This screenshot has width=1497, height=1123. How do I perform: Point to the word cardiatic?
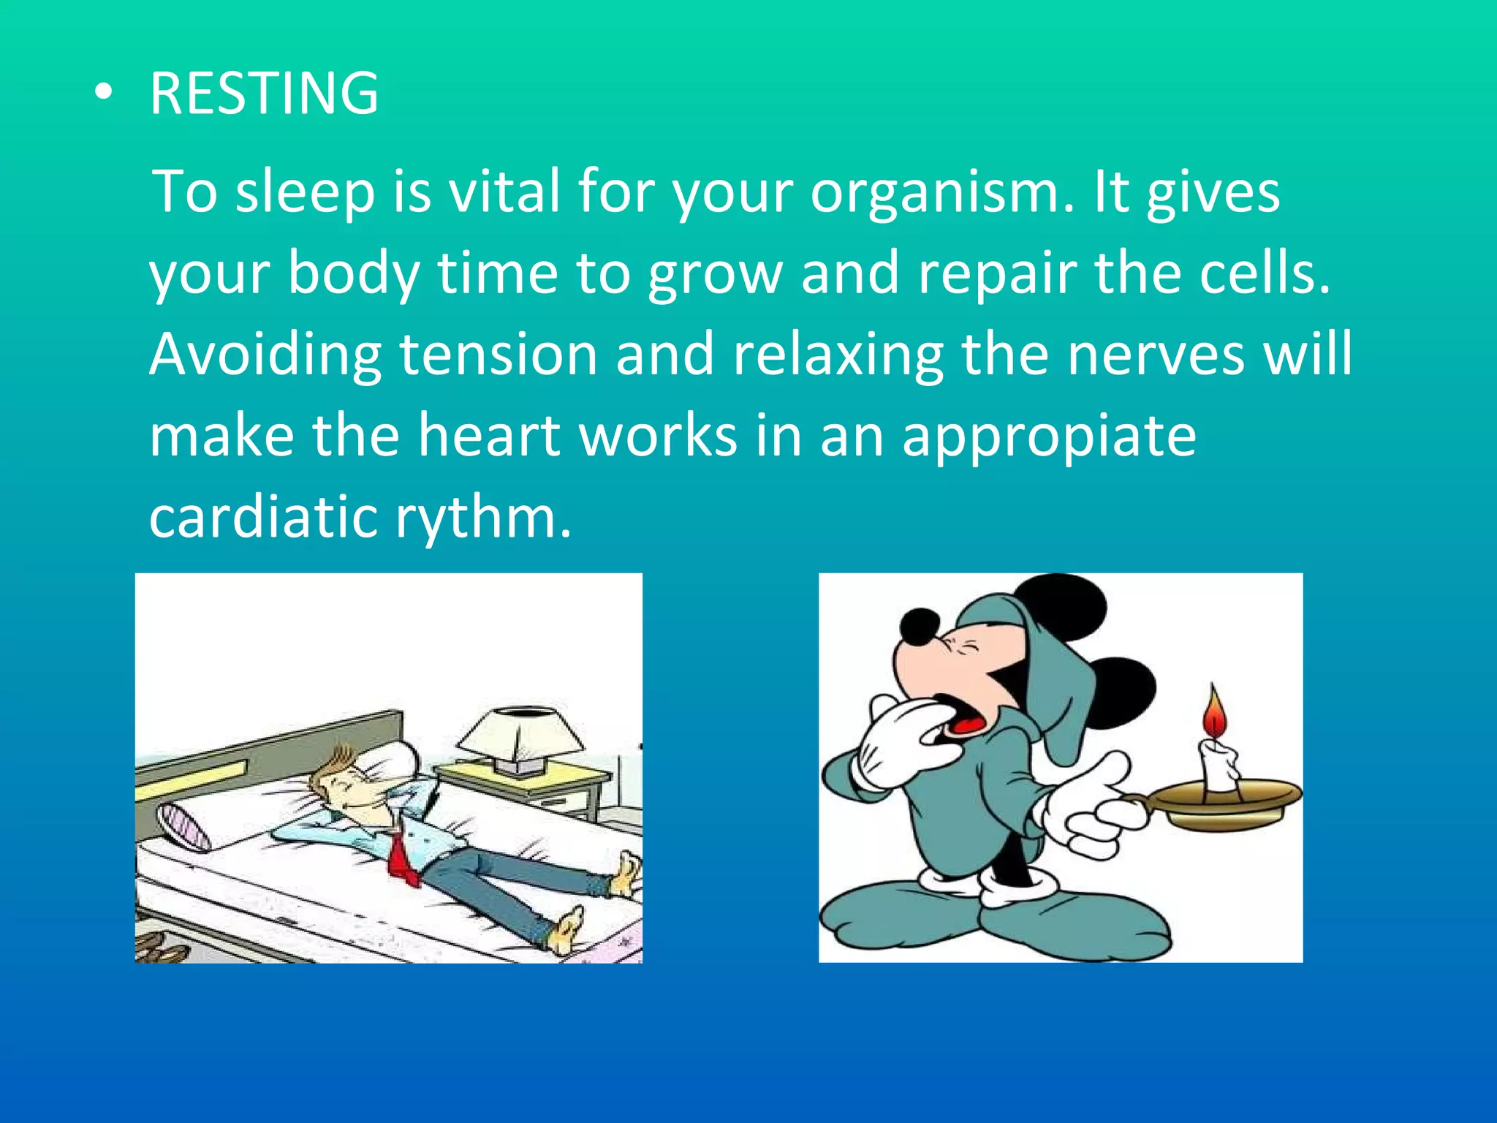pyautogui.click(x=263, y=516)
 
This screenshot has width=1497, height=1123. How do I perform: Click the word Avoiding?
pyautogui.click(x=265, y=354)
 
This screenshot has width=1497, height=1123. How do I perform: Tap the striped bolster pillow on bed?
pyautogui.click(x=183, y=825)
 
